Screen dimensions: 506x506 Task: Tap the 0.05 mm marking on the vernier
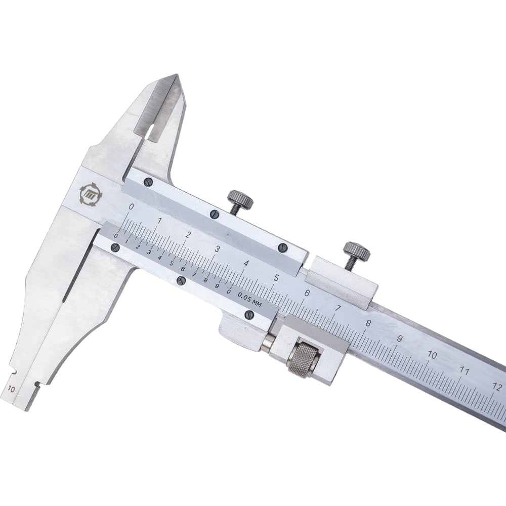tap(250, 300)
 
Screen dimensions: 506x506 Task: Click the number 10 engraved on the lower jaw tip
tap(11, 389)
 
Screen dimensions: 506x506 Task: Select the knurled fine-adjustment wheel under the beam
tap(304, 360)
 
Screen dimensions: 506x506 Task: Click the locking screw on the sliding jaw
tap(240, 201)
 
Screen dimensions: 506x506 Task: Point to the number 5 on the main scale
tap(276, 277)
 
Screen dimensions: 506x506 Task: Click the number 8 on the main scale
tap(368, 323)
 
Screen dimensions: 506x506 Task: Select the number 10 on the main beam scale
tap(432, 355)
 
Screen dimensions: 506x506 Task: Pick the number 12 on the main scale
tap(497, 386)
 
